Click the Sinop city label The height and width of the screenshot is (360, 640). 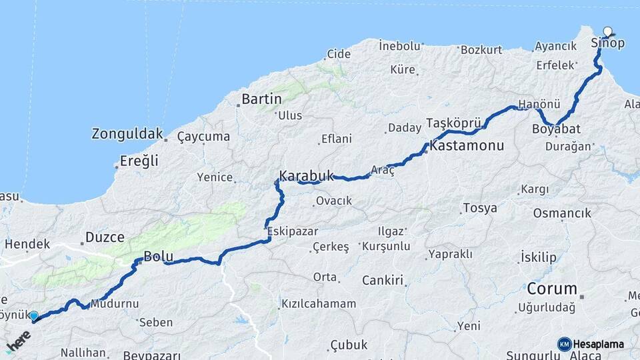click(608, 43)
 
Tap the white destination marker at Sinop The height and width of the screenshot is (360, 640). click(608, 31)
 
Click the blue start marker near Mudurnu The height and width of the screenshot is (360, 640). click(34, 315)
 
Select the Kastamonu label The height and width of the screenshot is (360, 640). click(467, 145)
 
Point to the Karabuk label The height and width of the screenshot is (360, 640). click(306, 176)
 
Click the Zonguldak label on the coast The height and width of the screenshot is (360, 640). click(127, 133)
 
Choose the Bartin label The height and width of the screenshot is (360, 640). click(262, 99)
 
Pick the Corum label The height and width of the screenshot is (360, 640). click(551, 289)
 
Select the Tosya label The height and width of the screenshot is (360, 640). click(480, 208)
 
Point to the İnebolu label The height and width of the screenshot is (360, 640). click(400, 46)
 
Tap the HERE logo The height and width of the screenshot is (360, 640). click(19, 342)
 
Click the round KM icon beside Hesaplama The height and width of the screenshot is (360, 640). click(564, 344)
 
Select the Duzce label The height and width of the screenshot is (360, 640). click(105, 237)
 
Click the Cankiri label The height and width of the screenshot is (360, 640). click(383, 280)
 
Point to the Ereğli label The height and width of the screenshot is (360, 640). click(139, 161)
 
